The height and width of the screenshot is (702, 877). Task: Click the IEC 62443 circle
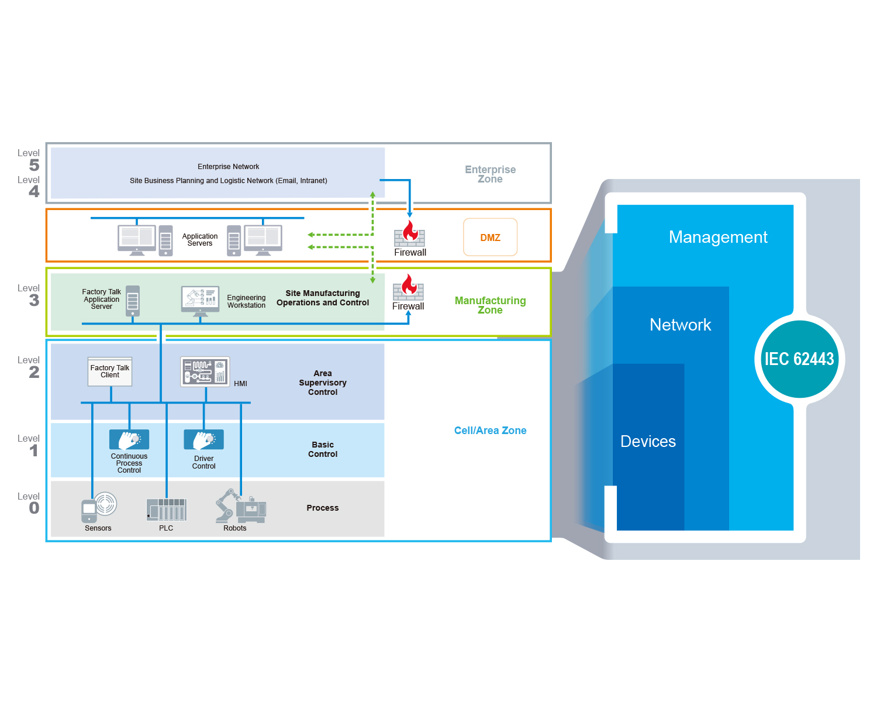click(x=799, y=359)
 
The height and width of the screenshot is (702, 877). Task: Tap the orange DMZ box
click(x=490, y=238)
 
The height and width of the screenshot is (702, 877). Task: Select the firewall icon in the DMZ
click(x=409, y=233)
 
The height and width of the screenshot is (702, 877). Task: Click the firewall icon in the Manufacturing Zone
click(x=408, y=288)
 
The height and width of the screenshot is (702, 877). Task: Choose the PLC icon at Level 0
click(x=167, y=510)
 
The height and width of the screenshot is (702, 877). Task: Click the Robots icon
click(x=240, y=507)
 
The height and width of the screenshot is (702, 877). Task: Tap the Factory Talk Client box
click(x=110, y=371)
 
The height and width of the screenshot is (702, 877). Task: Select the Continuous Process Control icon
click(x=129, y=439)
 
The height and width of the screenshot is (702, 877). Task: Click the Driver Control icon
click(x=203, y=439)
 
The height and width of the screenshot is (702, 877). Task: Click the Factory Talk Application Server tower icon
click(x=133, y=301)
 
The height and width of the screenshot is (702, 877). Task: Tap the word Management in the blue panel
click(x=718, y=237)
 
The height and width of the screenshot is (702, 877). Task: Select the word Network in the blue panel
click(x=680, y=325)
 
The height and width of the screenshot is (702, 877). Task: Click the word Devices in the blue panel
click(x=648, y=441)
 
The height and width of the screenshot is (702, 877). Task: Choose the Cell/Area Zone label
click(x=490, y=431)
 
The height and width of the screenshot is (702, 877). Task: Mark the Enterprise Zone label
click(x=490, y=174)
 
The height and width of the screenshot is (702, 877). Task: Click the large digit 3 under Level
click(x=34, y=301)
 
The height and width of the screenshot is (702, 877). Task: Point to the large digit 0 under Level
click(x=34, y=508)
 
